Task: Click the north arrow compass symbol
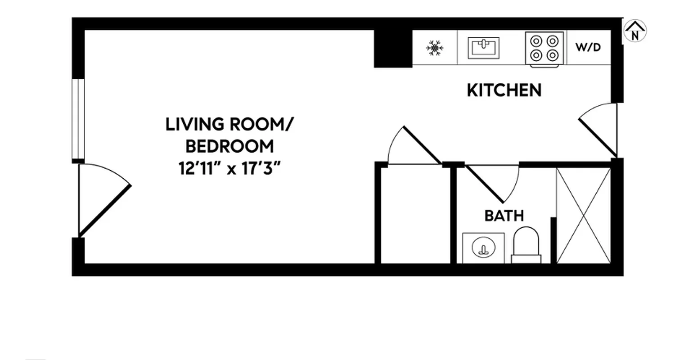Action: [x=635, y=31]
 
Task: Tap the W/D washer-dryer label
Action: [x=589, y=47]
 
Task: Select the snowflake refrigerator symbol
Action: [x=435, y=48]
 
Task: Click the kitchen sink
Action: [x=483, y=48]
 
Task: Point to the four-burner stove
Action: [x=544, y=49]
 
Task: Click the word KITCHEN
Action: [x=504, y=90]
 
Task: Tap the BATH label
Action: [x=504, y=216]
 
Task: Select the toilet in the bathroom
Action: [x=526, y=245]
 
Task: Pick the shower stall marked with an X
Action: [x=584, y=215]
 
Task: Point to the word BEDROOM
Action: [x=229, y=146]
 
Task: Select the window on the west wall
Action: [x=78, y=119]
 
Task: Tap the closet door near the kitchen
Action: [x=414, y=147]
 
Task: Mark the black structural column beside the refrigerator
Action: [x=393, y=49]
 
